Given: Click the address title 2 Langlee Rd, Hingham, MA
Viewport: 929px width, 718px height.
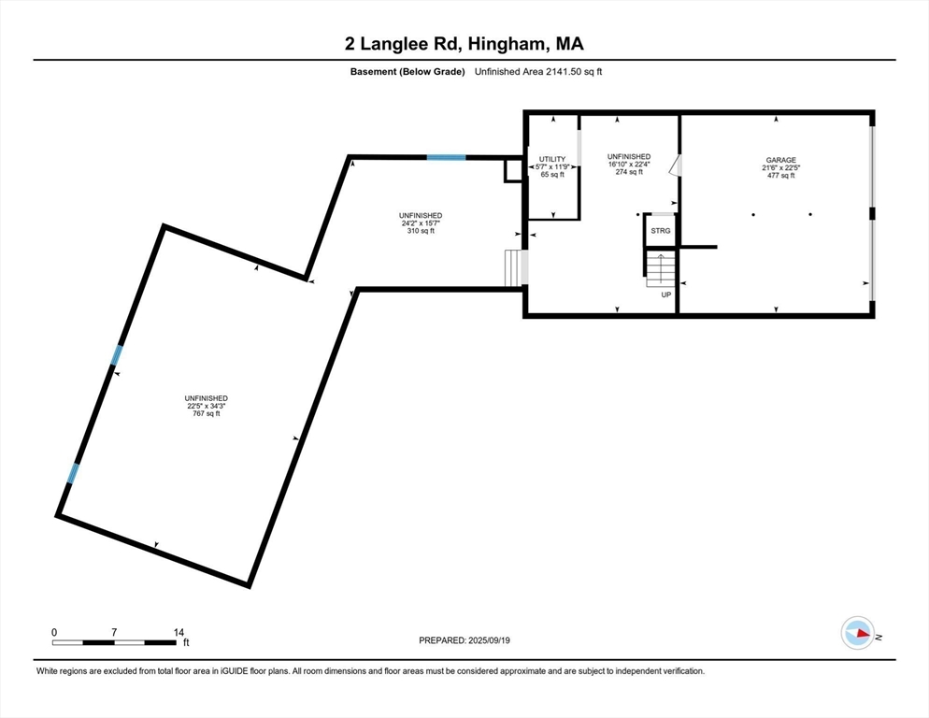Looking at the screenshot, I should (x=464, y=44).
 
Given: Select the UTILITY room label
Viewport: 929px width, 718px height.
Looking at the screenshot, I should (x=553, y=159).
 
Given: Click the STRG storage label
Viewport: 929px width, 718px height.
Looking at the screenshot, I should (x=660, y=230).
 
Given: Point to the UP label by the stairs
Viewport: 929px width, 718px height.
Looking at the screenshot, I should (x=666, y=295).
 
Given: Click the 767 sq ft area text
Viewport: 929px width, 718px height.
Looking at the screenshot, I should (x=207, y=413).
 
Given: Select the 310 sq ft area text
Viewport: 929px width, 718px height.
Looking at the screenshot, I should (x=420, y=231).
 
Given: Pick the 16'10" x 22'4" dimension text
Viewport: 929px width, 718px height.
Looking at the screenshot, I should (x=628, y=164).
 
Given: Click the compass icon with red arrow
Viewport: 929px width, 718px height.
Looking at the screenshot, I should (x=857, y=633).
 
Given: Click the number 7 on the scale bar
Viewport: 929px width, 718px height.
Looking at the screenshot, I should (x=114, y=632).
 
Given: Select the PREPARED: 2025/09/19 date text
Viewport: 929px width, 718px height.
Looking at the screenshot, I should (x=464, y=640).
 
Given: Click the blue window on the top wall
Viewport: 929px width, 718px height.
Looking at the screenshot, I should (x=447, y=157).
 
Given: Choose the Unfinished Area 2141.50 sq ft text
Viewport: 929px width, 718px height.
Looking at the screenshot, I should (x=538, y=72).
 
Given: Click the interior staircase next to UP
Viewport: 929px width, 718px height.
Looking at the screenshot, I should (x=660, y=269).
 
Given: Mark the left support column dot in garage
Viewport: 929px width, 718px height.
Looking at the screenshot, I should (x=753, y=215).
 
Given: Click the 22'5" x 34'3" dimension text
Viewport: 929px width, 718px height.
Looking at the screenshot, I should (x=207, y=406).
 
